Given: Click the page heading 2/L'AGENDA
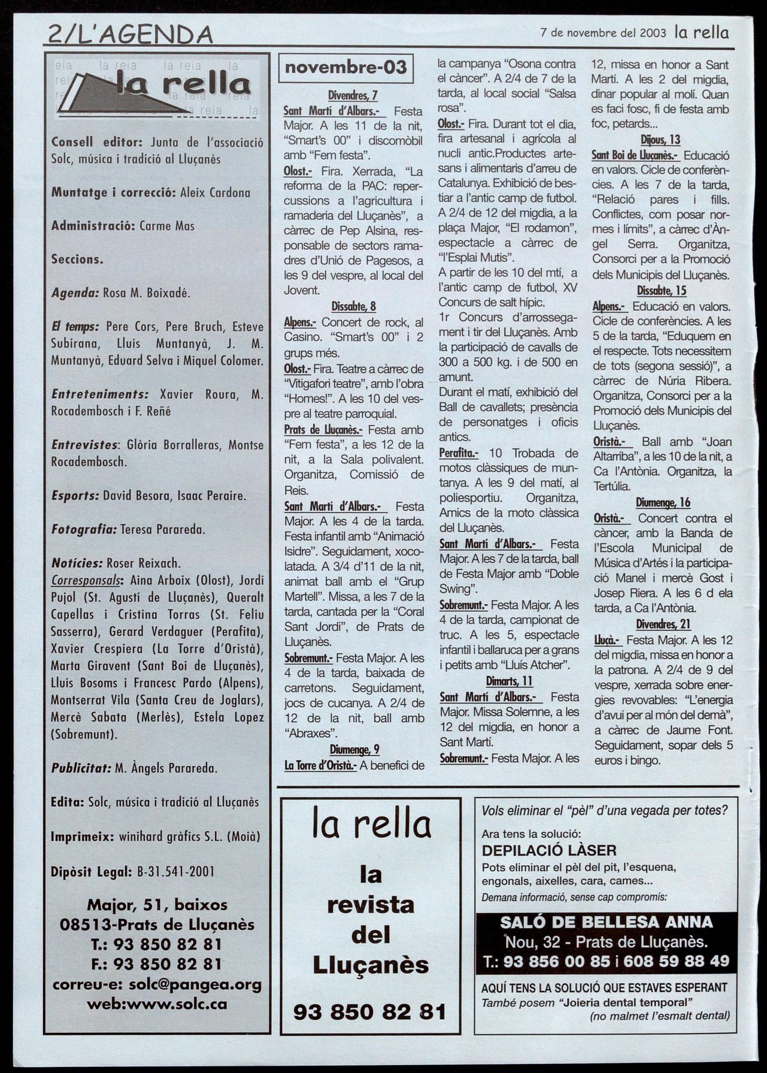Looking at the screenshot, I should (x=130, y=35).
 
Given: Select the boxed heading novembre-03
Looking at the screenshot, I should (x=345, y=68).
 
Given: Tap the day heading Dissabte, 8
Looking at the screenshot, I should (x=353, y=307).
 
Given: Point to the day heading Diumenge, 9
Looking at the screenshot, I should (x=354, y=749).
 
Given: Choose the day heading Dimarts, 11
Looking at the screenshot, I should (x=509, y=681).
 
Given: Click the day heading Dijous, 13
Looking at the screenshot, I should (x=660, y=140).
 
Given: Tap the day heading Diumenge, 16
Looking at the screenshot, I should (x=663, y=502).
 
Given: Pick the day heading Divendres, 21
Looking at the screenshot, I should (x=663, y=624).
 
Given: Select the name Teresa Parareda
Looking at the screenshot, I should (x=162, y=529).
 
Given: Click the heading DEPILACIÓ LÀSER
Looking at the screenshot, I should (x=548, y=850).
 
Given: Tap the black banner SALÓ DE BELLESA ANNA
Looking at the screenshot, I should (x=606, y=922).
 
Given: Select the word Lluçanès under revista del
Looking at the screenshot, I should (x=371, y=965).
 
